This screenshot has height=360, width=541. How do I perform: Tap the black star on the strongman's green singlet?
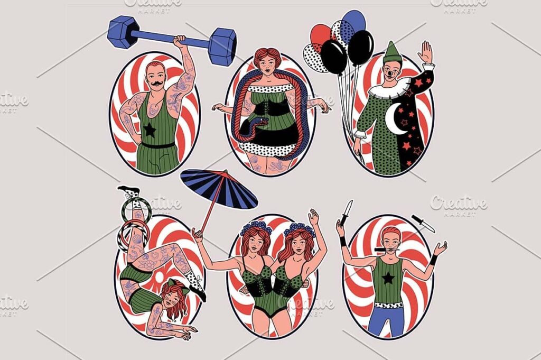[150, 130]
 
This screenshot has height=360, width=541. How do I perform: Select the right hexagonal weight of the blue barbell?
[221, 47]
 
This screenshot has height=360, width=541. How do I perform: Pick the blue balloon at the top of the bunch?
[354, 21]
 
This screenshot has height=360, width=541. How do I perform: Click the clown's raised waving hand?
[425, 52]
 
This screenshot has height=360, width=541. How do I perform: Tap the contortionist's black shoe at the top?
[129, 190]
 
